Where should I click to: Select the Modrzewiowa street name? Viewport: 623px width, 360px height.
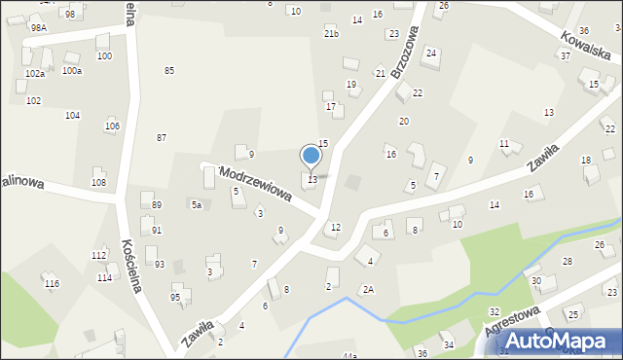click(256, 183)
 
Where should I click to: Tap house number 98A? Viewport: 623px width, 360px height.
click(38, 28)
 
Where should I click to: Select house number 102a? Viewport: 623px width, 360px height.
click(35, 74)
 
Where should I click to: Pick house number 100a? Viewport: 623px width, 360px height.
click(72, 71)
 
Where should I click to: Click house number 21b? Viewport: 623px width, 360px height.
click(331, 34)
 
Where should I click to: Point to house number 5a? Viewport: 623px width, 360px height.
click(196, 205)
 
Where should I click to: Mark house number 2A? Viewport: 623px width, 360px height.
click(368, 289)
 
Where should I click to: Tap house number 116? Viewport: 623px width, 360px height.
click(52, 283)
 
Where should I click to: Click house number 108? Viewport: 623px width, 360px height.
click(98, 183)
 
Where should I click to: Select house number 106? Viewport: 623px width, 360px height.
click(112, 126)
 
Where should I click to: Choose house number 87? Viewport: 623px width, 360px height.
click(162, 138)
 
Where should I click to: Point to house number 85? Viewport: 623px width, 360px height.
click(169, 71)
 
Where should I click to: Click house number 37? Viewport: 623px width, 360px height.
click(565, 55)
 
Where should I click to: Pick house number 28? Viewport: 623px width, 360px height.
click(568, 262)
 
